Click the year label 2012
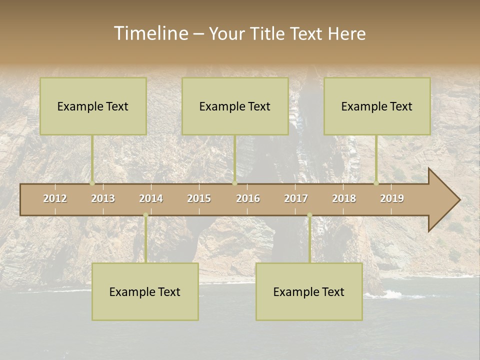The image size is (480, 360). point(55,198)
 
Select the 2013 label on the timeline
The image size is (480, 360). point(103,198)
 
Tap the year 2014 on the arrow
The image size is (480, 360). point(151,198)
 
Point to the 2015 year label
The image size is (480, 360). point(199,198)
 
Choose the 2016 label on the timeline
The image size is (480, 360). point(248,198)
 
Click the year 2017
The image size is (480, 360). point(296,198)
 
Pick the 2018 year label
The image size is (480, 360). point(344,198)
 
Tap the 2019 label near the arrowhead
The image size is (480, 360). point(392,198)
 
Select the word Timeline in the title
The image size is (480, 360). point(150,33)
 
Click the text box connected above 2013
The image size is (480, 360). point(93,106)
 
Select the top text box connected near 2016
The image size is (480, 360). point(235,106)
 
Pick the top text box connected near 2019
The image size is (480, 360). point(377,106)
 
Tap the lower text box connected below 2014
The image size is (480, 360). point(145,291)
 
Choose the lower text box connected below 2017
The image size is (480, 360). point(309,291)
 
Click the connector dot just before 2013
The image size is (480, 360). point(92,183)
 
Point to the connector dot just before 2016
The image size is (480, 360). point(234,183)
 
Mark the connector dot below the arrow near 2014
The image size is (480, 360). point(145,215)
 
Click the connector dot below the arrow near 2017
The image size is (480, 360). point(309,215)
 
